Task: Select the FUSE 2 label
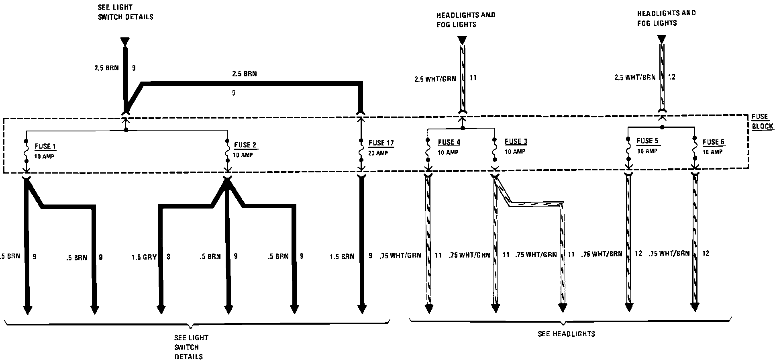245,145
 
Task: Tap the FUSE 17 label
381,143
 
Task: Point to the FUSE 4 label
449,142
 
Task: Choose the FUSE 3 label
516,141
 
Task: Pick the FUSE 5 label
647,141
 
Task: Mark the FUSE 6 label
714,142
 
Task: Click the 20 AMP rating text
378,153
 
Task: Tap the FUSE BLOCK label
762,121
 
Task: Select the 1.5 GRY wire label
144,257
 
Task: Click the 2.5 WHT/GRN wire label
435,79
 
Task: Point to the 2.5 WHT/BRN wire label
634,77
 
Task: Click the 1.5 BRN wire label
342,256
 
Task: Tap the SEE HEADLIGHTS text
566,334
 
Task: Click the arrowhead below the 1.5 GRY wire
161,309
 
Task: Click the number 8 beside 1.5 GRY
168,256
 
